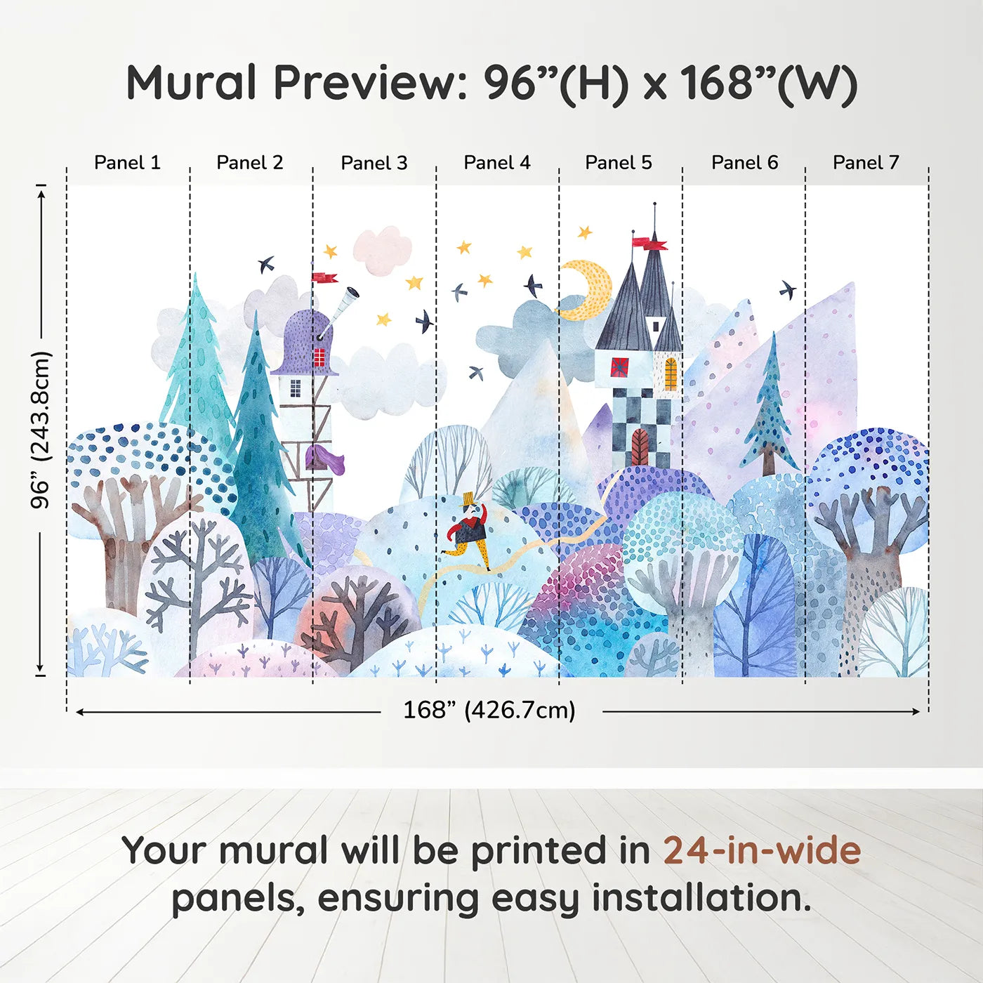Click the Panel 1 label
point(127,163)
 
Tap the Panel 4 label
point(497,163)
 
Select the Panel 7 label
point(866,163)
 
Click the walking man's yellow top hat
point(468,499)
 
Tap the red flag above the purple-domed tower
point(325,277)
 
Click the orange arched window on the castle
point(671,374)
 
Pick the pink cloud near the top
point(382,250)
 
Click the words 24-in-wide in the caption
point(762,850)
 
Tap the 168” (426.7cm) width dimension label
point(489,710)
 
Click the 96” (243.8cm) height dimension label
point(40,430)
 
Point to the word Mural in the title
point(192,83)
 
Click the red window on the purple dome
point(319,357)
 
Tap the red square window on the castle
point(619,367)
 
